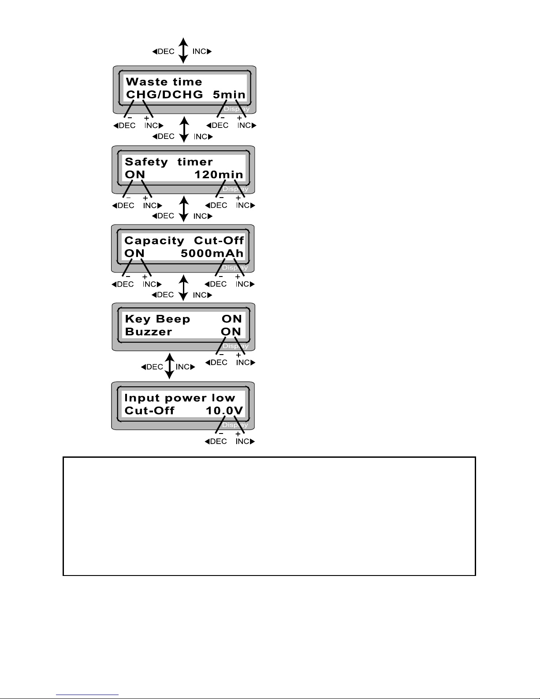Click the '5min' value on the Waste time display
(229, 94)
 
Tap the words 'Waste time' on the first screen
(164, 82)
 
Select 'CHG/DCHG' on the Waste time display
(164, 94)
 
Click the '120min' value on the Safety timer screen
(219, 174)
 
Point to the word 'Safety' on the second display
(146, 162)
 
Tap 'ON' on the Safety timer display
(135, 174)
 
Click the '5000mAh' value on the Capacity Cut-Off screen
(212, 253)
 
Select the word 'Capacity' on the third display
(154, 241)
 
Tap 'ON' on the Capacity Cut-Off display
(134, 253)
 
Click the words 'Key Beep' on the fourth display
(157, 319)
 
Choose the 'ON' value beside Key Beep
(231, 319)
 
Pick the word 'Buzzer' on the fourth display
(149, 332)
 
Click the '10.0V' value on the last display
(224, 411)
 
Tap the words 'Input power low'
(180, 398)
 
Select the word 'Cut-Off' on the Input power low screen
(149, 411)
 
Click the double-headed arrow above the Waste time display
(183, 51)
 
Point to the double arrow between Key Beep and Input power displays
(169, 366)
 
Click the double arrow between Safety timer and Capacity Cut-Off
(183, 209)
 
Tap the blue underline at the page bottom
(87, 695)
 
